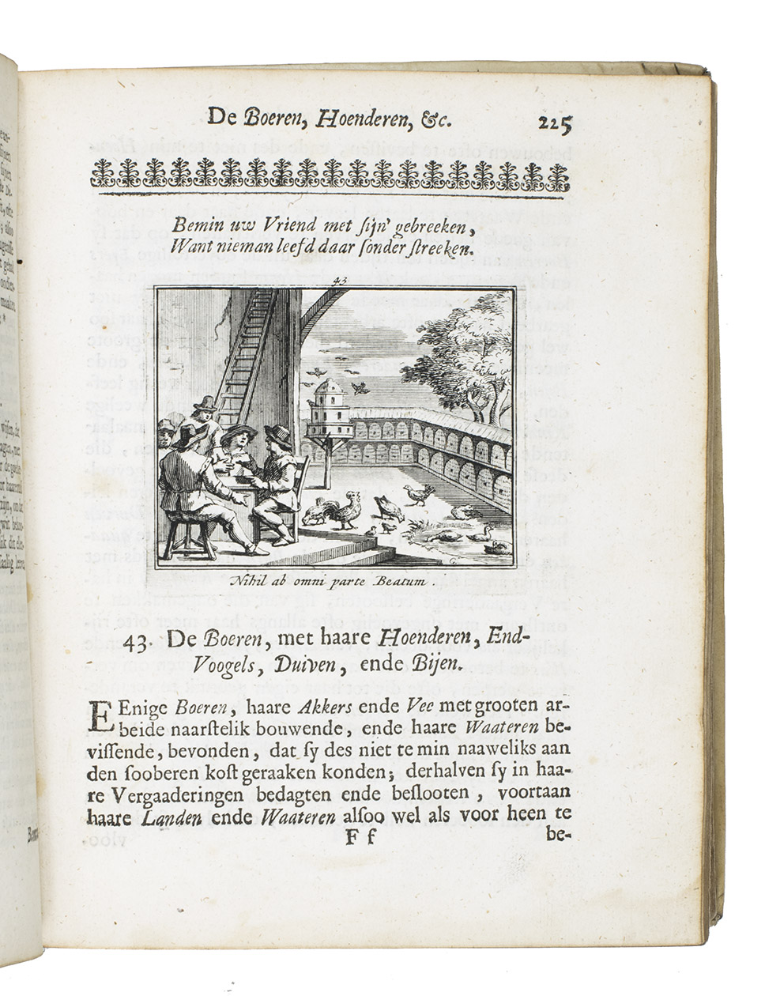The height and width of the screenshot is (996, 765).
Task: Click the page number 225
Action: coord(554,123)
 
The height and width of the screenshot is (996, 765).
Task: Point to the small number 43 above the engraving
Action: coord(341,279)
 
